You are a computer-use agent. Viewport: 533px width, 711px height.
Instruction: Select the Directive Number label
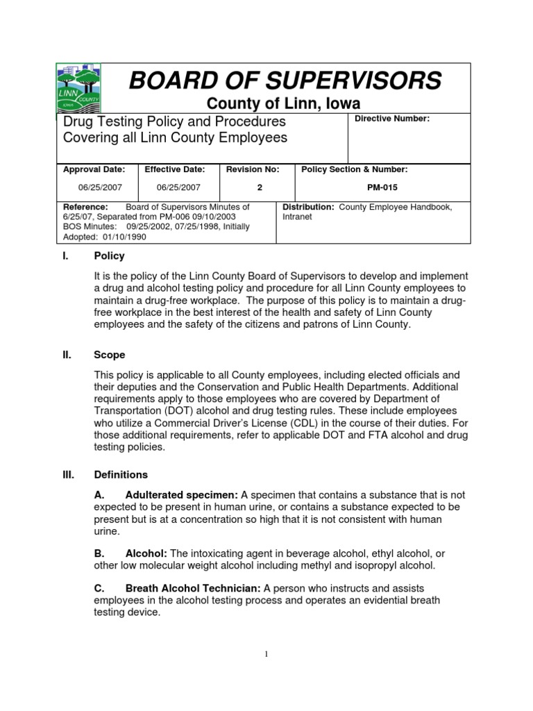(x=392, y=119)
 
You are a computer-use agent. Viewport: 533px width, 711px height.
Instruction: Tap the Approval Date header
(x=94, y=169)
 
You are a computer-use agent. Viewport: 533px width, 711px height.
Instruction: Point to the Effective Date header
(x=176, y=169)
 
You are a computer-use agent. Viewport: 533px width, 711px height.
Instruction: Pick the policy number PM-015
(x=382, y=187)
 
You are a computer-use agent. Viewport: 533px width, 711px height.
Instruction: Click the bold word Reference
(x=85, y=207)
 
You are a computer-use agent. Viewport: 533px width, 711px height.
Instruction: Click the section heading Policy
(x=109, y=256)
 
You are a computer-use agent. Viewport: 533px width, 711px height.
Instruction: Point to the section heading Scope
(x=110, y=355)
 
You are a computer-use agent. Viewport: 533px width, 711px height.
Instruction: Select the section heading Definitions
(x=121, y=475)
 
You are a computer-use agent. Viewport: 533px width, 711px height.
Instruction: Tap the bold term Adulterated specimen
(x=182, y=495)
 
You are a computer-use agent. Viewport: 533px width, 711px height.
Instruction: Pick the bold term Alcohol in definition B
(x=146, y=553)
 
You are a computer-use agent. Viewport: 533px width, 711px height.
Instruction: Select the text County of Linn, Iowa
(x=285, y=104)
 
